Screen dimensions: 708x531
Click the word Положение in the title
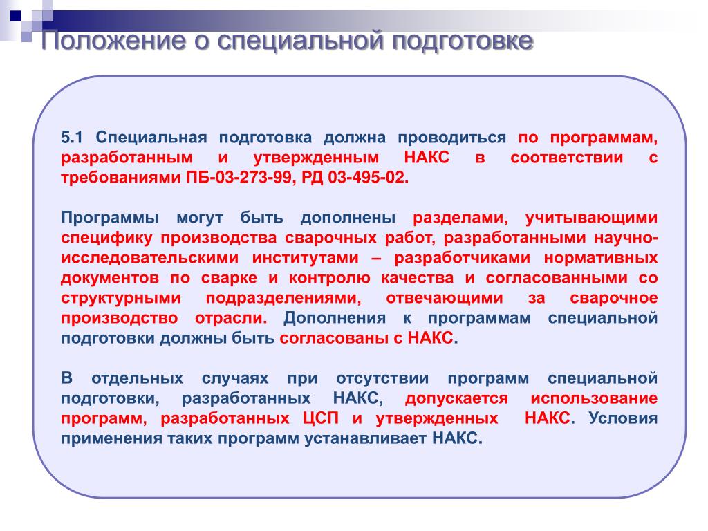pos(113,41)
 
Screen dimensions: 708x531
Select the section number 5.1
pos(71,138)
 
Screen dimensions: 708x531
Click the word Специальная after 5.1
pos(151,138)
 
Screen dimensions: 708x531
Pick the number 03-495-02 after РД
pos(368,178)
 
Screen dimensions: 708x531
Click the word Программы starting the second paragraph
pos(110,218)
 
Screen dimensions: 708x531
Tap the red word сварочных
pos(330,238)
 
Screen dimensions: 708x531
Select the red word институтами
pos(305,259)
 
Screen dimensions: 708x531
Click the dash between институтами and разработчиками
pos(377,259)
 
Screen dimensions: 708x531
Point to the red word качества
pos(417,278)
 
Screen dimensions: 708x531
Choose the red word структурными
pos(120,299)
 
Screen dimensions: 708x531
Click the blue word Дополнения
pos(335,318)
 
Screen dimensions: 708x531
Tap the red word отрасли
pos(231,318)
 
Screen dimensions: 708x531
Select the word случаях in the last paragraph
pos(235,379)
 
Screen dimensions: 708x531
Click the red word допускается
pos(456,399)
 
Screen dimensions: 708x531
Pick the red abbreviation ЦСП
pos(321,418)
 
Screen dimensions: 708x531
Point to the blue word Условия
pos(623,418)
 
